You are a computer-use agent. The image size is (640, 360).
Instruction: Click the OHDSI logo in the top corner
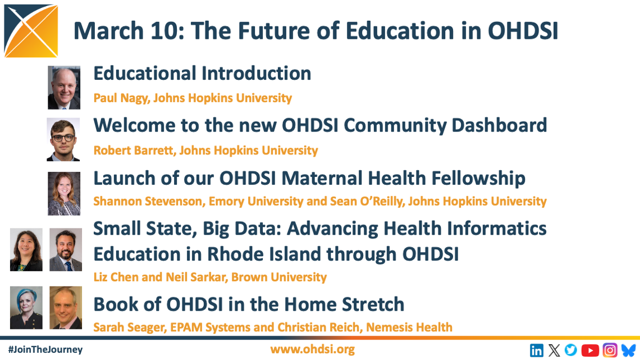(31, 31)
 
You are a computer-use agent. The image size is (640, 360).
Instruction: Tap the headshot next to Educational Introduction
(64, 88)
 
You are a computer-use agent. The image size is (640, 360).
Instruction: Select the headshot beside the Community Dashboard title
(63, 140)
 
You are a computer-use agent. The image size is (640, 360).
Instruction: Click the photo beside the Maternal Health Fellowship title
(64, 193)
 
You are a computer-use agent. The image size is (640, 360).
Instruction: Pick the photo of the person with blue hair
(26, 308)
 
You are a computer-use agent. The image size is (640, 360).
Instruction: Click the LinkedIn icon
(536, 350)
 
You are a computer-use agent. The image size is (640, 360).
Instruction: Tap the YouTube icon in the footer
(590, 350)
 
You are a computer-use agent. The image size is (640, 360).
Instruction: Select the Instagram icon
(610, 350)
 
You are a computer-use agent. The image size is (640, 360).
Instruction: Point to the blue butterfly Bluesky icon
(629, 350)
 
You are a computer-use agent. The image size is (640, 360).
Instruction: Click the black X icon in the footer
(554, 350)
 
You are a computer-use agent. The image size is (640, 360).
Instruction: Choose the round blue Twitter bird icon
(571, 350)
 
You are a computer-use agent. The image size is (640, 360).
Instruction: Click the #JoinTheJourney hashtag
(45, 349)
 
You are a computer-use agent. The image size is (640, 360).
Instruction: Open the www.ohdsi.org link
(312, 349)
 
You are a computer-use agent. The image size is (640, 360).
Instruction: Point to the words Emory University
(256, 201)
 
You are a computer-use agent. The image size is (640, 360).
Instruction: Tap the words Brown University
(279, 277)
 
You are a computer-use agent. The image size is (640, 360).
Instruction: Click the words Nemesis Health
(409, 327)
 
